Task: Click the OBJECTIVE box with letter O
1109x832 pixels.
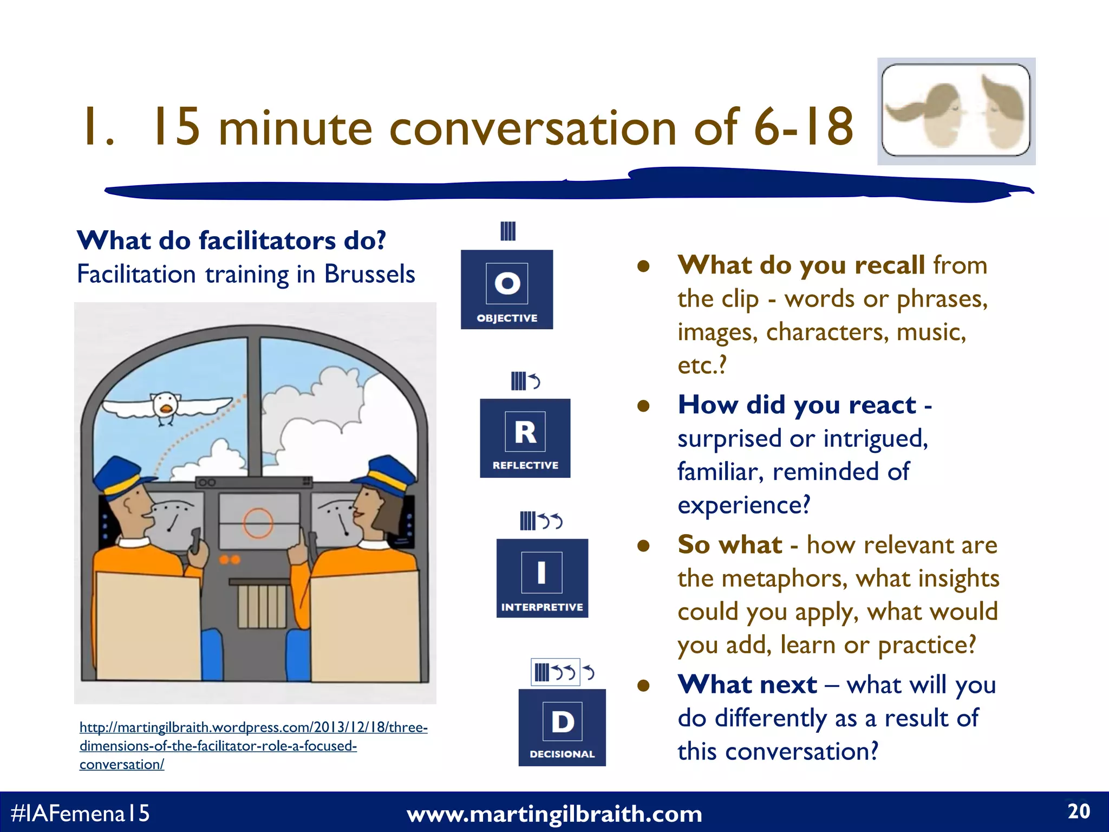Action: tap(507, 289)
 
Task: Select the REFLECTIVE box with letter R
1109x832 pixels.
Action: tap(525, 438)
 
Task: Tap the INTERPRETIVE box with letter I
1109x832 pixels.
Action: tap(542, 578)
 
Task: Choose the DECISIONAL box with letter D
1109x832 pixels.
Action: tap(562, 727)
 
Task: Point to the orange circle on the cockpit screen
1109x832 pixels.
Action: tap(258, 523)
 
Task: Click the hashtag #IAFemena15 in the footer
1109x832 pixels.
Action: tap(80, 813)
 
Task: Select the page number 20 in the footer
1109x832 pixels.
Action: tap(1078, 811)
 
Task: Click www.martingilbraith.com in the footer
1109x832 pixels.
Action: tap(554, 814)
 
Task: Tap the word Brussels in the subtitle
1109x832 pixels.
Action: tap(369, 274)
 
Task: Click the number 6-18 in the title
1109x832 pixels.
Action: tap(804, 127)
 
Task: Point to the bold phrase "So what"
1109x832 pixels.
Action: tap(729, 544)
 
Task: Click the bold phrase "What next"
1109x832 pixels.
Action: tap(747, 684)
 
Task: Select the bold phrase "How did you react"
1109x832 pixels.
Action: tap(797, 405)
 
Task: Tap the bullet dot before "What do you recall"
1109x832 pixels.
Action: tap(643, 266)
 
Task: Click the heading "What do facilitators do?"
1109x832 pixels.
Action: tap(231, 240)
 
